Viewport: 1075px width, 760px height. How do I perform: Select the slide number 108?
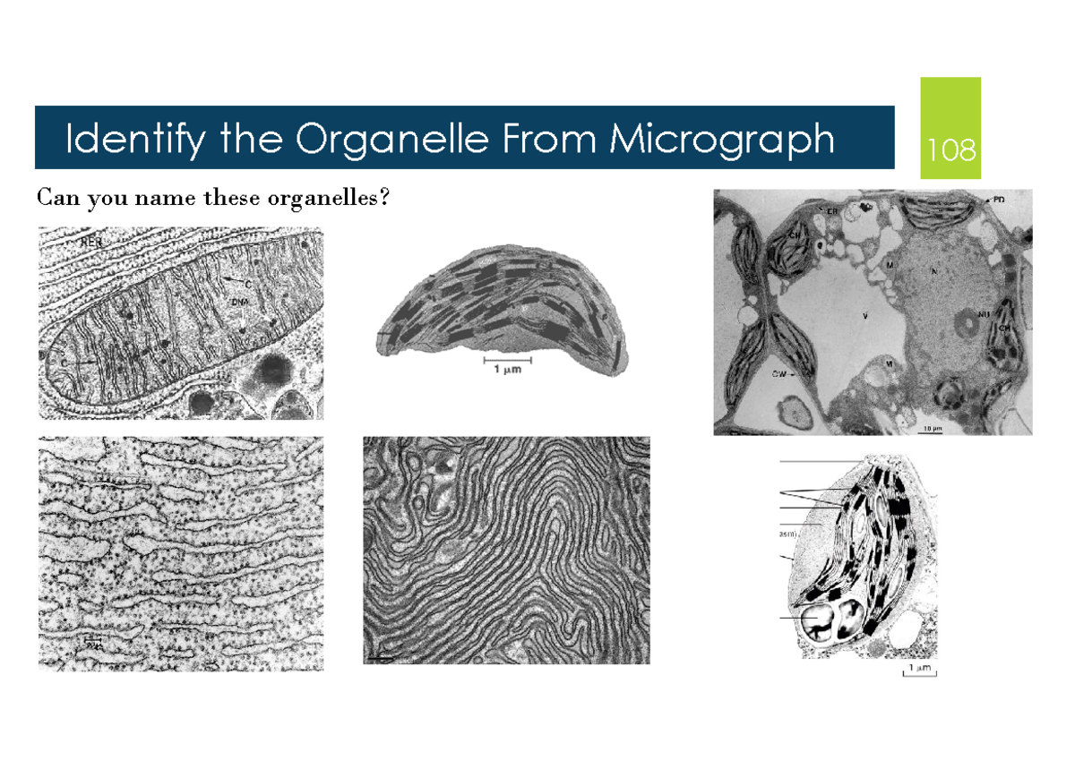(951, 149)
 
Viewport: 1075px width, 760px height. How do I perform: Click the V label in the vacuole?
(864, 316)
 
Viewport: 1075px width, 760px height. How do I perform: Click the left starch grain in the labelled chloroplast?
(818, 620)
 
